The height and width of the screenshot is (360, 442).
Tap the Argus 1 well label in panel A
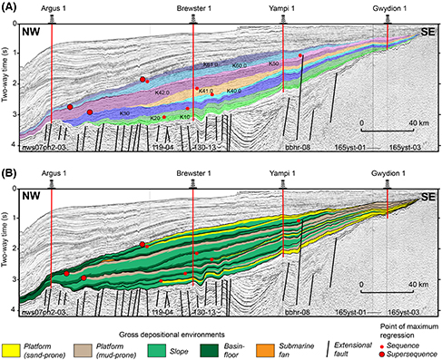(x=54, y=7)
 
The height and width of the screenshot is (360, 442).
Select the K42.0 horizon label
(x=163, y=92)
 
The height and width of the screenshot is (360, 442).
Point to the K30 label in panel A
(x=124, y=112)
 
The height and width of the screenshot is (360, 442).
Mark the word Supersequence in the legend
(x=410, y=352)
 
